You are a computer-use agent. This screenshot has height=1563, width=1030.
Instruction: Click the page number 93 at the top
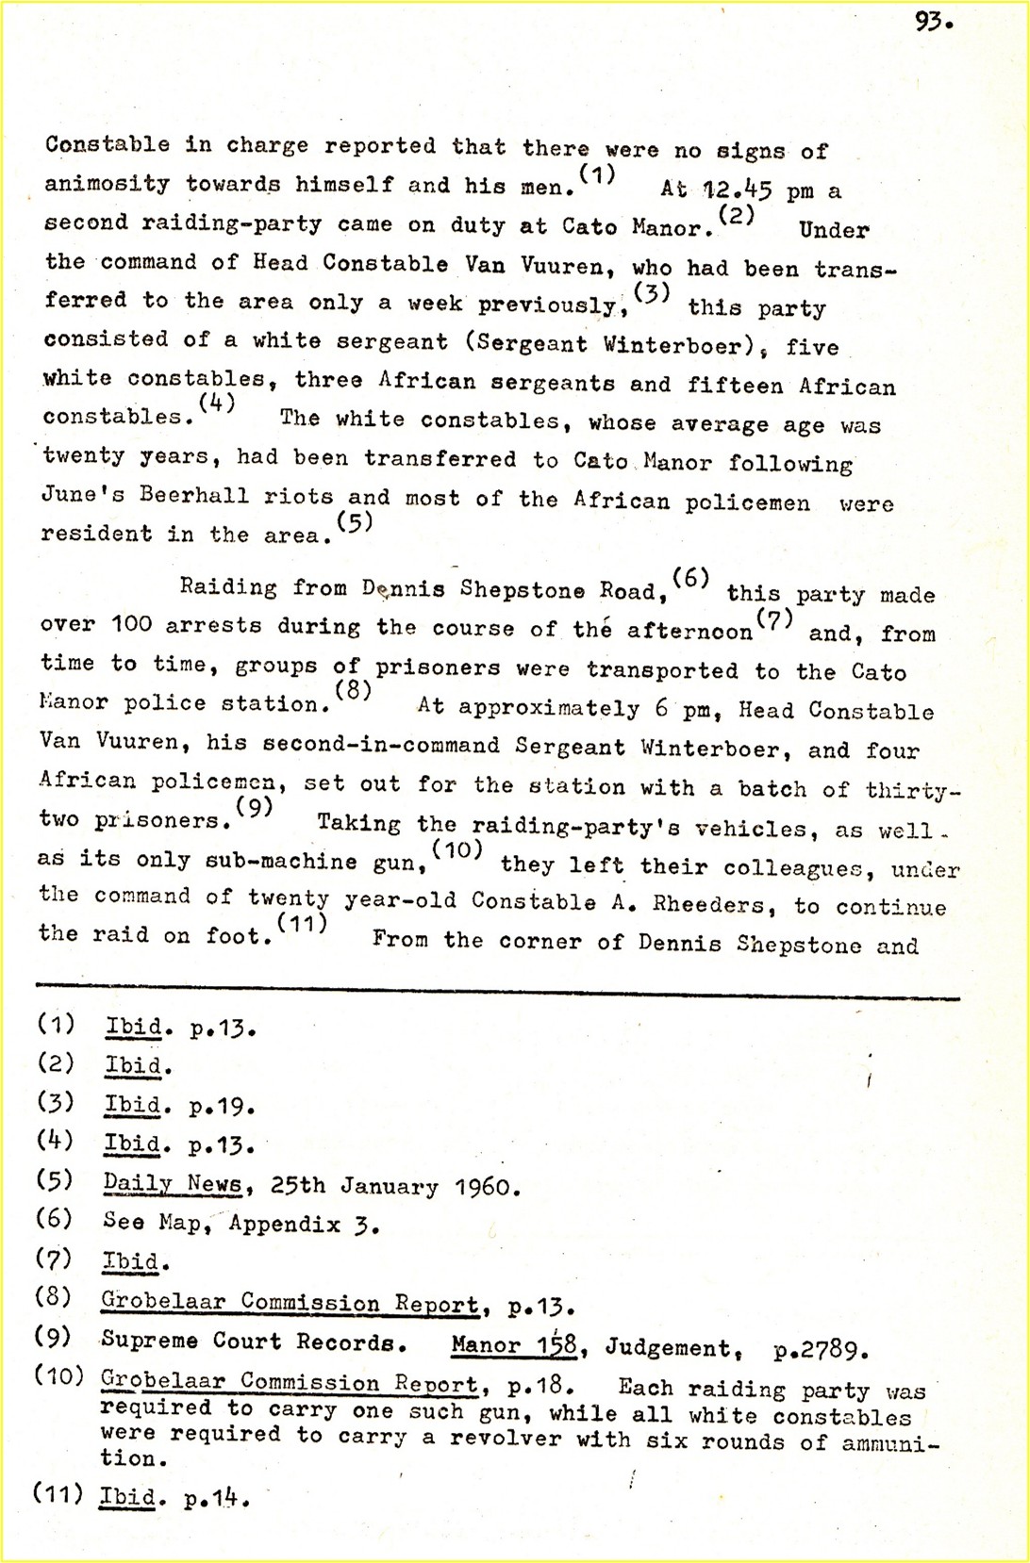[x=933, y=22]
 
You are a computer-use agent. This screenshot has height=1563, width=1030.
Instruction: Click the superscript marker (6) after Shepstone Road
[x=691, y=579]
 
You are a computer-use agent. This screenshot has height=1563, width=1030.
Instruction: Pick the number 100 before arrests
[x=130, y=625]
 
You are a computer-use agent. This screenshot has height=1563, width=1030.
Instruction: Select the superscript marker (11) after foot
[x=302, y=924]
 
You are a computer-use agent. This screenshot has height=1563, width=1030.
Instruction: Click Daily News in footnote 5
[x=172, y=1183]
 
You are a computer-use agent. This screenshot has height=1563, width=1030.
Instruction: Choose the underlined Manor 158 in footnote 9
[x=513, y=1345]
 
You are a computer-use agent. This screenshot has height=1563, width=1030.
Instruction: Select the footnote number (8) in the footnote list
[x=53, y=1297]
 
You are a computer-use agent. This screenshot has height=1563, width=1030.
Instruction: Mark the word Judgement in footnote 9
[x=667, y=1347]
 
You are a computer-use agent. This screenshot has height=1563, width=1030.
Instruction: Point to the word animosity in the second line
[x=107, y=183]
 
